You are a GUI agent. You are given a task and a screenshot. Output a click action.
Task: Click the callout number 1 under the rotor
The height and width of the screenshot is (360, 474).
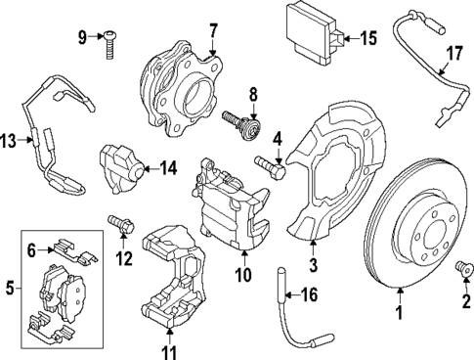click(397, 315)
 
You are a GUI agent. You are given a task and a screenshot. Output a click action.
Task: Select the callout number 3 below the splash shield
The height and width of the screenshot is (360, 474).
click(313, 263)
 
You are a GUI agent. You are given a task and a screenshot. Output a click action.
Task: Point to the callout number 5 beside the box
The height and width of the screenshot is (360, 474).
click(10, 289)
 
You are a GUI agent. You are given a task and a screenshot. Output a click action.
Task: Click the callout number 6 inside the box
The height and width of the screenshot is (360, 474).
click(31, 250)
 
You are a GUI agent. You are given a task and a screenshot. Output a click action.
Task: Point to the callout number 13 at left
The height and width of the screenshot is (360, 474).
click(8, 143)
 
